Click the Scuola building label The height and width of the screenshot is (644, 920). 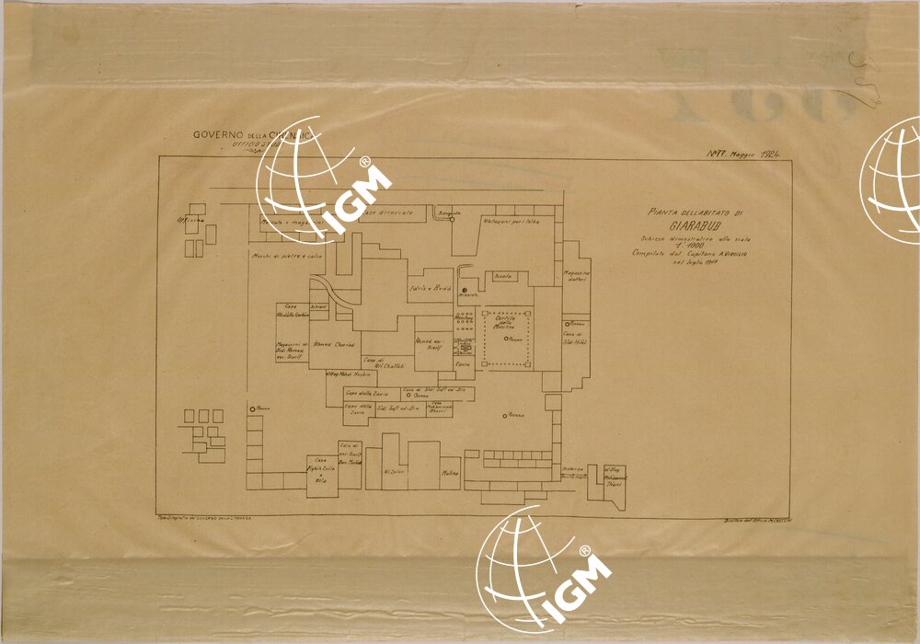click(x=503, y=275)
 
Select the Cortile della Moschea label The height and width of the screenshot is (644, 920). click(x=509, y=323)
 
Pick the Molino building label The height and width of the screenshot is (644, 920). click(x=450, y=473)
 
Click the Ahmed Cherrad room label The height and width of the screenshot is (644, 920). click(x=334, y=344)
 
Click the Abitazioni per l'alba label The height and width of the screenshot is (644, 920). click(x=509, y=221)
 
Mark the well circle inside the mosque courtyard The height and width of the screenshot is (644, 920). click(x=506, y=339)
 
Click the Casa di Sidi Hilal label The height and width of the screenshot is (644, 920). click(x=575, y=338)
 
